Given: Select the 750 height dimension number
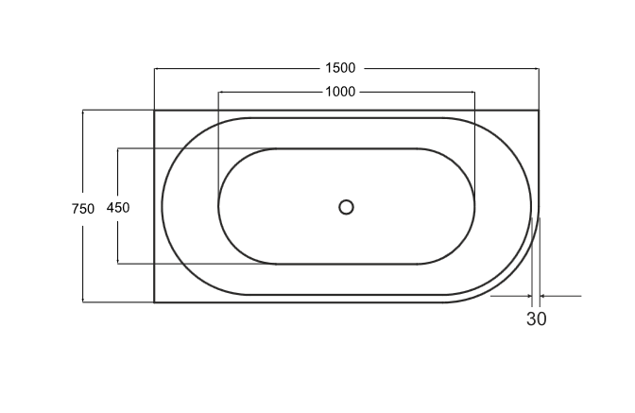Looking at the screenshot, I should point(83,209).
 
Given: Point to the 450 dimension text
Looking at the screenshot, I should point(118,208).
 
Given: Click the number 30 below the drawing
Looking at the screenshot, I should point(536,319).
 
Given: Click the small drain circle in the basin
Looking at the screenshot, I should point(346,207).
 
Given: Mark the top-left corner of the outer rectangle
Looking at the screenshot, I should point(155,111).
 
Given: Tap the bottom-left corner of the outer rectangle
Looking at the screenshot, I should point(155,302).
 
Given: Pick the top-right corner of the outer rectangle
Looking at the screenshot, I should point(539,111).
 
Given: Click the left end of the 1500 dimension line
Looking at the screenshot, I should point(155,68).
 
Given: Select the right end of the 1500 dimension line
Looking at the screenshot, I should point(539,68).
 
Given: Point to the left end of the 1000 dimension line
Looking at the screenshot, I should point(219,92).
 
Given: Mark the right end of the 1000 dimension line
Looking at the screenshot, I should point(474,92).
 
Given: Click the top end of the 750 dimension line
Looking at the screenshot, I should point(83,111).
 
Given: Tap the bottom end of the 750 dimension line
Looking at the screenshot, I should point(83,302).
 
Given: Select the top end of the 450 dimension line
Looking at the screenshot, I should point(118,148).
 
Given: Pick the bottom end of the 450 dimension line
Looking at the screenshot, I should point(118,264).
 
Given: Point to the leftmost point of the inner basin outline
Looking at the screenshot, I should point(218,206).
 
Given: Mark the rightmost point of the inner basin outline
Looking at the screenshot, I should point(475,206).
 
